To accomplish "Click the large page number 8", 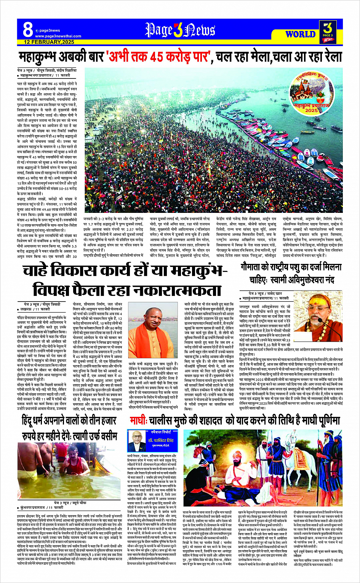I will point(27,29).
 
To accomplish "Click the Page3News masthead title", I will point(180,29).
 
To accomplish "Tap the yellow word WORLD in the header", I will point(300,34).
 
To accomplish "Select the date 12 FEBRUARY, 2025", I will point(49,42).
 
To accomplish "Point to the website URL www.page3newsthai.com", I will point(58,36).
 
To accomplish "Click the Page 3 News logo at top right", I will point(328,30).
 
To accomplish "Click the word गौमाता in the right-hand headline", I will point(253,267).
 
